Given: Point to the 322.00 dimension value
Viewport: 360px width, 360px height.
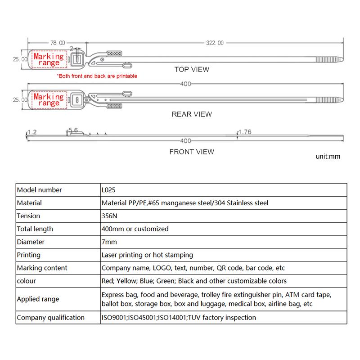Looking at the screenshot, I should click(215, 43).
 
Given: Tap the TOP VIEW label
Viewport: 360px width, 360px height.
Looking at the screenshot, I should click(192, 69).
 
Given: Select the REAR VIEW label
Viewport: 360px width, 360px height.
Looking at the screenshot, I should click(192, 114).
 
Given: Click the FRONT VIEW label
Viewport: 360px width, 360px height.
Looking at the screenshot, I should click(192, 152).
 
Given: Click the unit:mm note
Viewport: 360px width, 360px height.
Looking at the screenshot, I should click(328, 157).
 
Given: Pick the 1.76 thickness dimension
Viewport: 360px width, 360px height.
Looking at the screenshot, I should click(245, 132).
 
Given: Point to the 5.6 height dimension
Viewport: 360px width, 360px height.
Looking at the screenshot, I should click(73, 130).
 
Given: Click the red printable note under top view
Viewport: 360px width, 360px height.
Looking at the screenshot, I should click(97, 76).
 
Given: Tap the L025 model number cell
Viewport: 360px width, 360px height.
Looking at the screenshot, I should click(109, 190).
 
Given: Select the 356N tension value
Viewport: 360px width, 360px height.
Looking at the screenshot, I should click(109, 216).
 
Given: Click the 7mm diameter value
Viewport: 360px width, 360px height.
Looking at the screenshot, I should click(109, 242).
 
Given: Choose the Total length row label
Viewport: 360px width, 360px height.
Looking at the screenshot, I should click(35, 229).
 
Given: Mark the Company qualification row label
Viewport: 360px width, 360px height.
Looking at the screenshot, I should click(50, 317).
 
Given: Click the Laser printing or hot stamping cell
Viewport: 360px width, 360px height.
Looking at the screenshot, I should click(148, 255).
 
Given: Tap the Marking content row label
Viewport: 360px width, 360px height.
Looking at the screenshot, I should click(42, 268).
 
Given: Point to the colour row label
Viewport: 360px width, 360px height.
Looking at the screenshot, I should click(26, 281).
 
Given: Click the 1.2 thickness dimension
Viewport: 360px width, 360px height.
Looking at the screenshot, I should click(31, 132).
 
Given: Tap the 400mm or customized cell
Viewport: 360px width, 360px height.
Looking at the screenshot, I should click(135, 229).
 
